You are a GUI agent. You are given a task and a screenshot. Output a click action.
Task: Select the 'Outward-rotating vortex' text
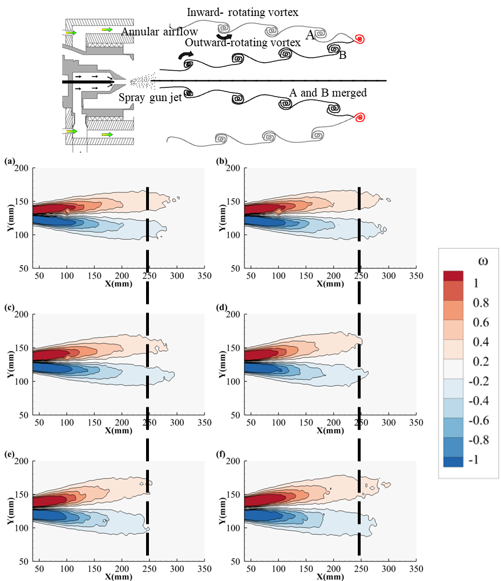(x=243, y=43)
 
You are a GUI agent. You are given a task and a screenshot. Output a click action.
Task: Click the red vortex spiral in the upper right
(x=360, y=39)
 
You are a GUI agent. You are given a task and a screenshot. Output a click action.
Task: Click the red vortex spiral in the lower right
(x=360, y=118)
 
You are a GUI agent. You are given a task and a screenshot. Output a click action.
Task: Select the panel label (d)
(x=221, y=308)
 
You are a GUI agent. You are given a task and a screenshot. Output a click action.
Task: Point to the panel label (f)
(x=221, y=455)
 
